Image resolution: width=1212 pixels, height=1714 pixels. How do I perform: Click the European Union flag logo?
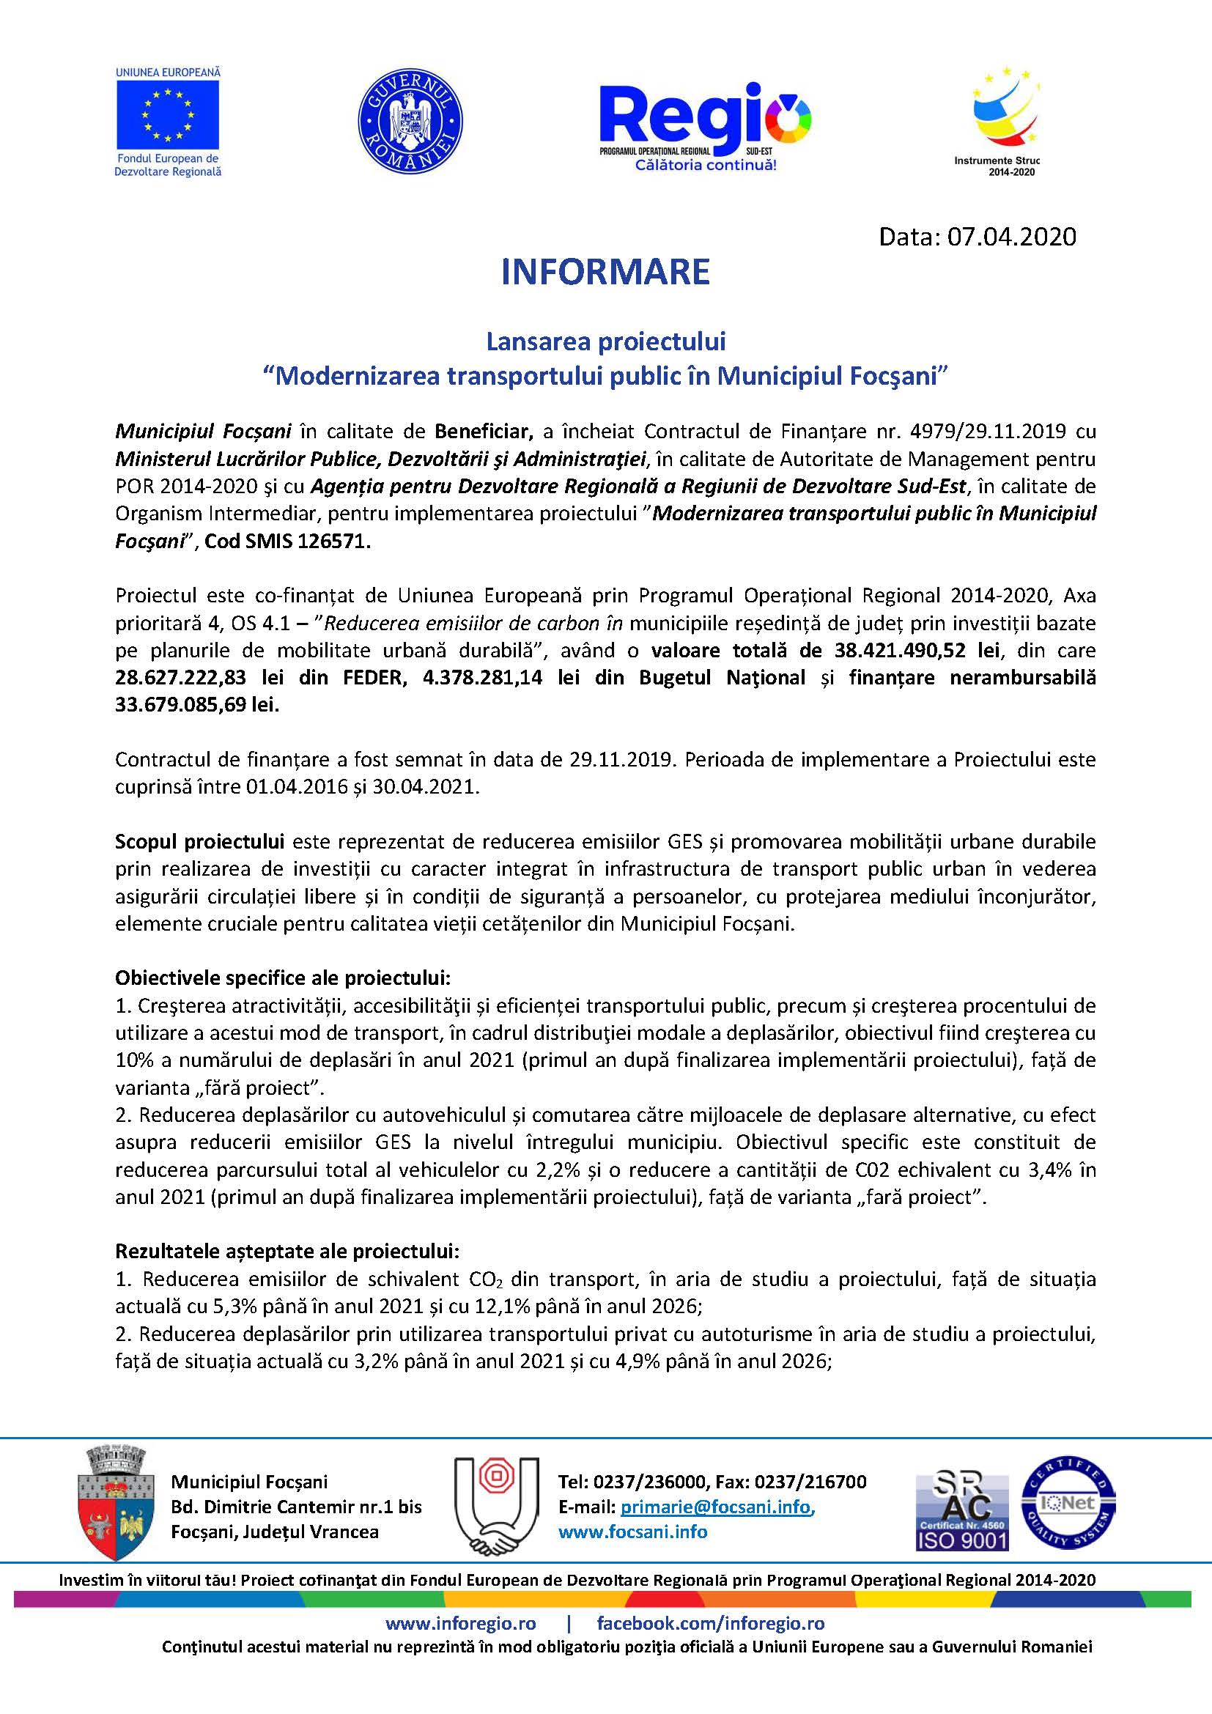[168, 114]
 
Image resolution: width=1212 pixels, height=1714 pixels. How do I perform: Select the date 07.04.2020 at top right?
[1011, 237]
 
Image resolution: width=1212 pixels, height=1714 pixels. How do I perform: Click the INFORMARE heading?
[605, 272]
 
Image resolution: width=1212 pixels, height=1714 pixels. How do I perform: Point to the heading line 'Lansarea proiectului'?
[605, 342]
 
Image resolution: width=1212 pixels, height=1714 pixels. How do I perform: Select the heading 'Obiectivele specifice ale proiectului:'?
[283, 978]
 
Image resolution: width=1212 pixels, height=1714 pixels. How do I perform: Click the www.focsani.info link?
[633, 1532]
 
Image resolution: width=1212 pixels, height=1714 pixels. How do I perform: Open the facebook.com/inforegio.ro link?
[711, 1623]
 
